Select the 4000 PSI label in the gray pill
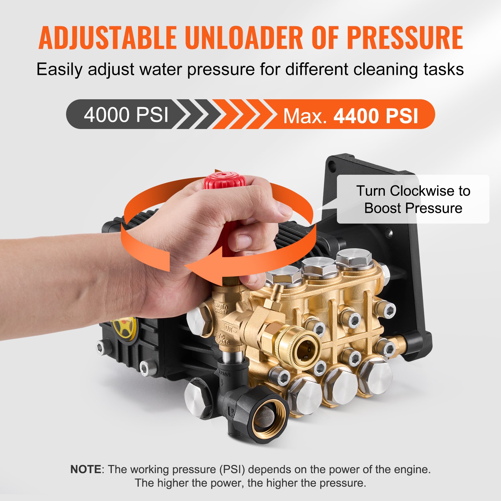pyautogui.click(x=126, y=115)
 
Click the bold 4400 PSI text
pyautogui.click(x=376, y=116)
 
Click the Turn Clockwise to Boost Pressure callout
pyautogui.click(x=413, y=199)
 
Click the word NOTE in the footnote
pyautogui.click(x=85, y=469)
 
